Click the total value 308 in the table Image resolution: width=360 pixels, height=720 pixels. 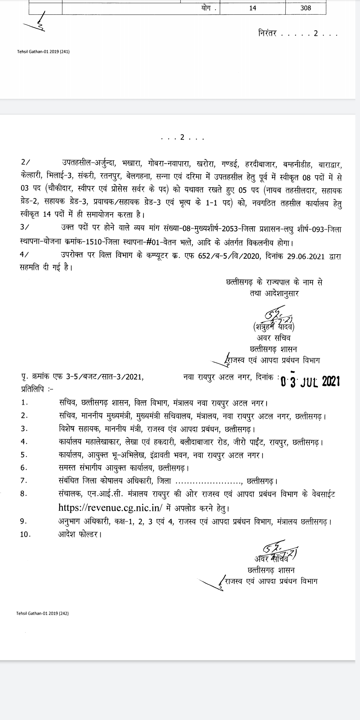pos(305,8)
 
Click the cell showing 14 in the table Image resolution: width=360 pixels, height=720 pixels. pos(253,8)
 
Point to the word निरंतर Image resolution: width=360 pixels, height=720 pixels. pos(267,34)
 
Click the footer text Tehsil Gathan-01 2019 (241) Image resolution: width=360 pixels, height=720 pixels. pos(43,52)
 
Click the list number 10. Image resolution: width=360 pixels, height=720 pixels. pos(25,534)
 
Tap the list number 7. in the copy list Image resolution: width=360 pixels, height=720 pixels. pos(24,481)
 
